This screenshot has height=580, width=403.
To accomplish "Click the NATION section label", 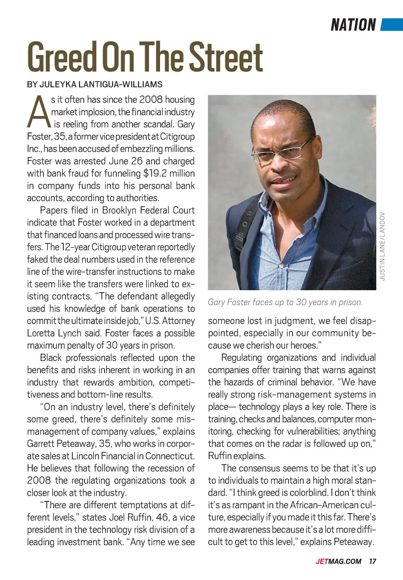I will tap(353, 25).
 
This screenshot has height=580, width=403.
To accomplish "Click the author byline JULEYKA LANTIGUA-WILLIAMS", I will tap(95, 84).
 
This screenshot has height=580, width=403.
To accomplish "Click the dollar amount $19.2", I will tap(154, 173).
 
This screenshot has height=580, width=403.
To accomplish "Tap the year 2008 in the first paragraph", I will tap(151, 100).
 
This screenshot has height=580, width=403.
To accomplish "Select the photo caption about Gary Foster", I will tap(285, 302).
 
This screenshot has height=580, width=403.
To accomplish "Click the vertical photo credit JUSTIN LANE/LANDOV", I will tap(382, 246).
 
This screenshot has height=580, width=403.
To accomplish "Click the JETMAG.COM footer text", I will tap(338, 562).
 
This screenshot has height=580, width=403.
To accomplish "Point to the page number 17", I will tap(373, 562).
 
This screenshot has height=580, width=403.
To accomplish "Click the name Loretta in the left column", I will tap(42, 333).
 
